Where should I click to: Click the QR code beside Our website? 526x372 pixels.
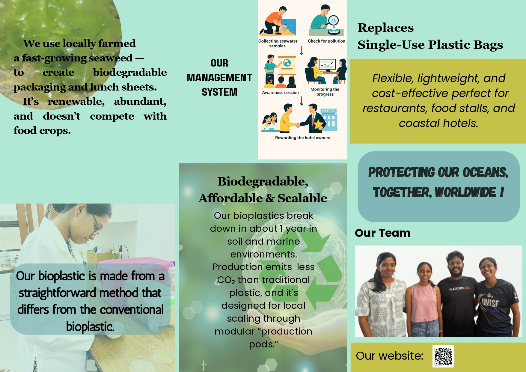pyautogui.click(x=443, y=356)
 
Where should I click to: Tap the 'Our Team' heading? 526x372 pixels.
pyautogui.click(x=383, y=233)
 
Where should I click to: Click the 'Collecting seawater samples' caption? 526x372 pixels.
pyautogui.click(x=278, y=43)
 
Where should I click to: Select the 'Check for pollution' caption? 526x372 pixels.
pyautogui.click(x=326, y=41)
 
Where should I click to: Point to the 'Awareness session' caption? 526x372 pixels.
pyautogui.click(x=280, y=93)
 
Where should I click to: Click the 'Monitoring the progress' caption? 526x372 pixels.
pyautogui.click(x=325, y=92)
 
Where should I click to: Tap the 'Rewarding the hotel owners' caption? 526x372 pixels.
pyautogui.click(x=302, y=138)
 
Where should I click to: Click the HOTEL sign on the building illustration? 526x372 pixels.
pyautogui.click(x=328, y=111)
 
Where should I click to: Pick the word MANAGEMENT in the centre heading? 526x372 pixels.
pyautogui.click(x=219, y=78)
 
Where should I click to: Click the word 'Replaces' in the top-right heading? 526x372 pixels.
pyautogui.click(x=386, y=28)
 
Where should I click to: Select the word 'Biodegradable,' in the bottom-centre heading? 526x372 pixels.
pyautogui.click(x=263, y=182)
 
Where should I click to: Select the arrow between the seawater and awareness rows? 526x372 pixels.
pyautogui.click(x=302, y=50)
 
